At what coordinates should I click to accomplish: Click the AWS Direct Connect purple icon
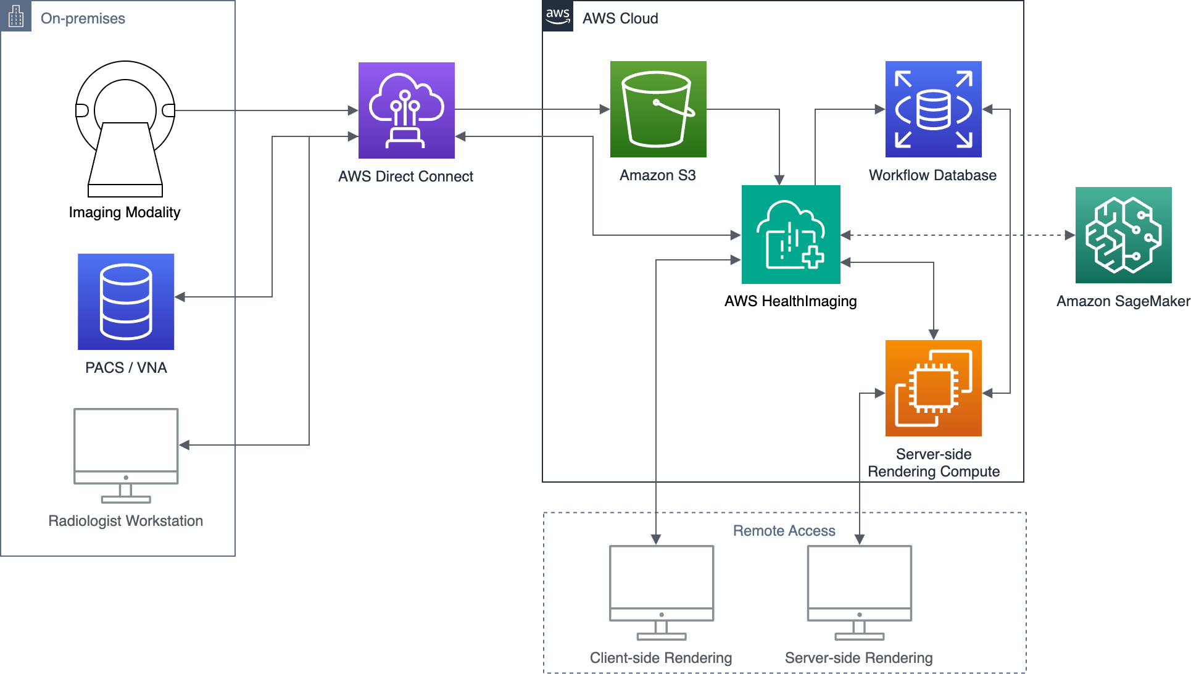406,110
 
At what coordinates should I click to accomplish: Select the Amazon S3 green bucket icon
658,109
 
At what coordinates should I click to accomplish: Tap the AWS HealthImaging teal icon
791,235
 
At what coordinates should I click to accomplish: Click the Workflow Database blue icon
933,109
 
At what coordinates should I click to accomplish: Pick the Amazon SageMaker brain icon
1123,235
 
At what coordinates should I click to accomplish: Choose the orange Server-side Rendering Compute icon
933,388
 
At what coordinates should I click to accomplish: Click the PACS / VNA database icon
126,301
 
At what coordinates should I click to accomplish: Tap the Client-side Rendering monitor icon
662,591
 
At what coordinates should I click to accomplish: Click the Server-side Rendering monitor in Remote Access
859,591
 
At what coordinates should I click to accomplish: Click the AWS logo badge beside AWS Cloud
558,16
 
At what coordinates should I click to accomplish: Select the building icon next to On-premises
16,16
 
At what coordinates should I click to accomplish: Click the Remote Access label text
784,531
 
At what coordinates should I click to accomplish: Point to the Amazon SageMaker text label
1123,301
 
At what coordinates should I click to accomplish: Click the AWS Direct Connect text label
405,177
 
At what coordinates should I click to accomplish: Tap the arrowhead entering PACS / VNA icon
180,297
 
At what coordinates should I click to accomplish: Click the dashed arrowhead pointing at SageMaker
1069,235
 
